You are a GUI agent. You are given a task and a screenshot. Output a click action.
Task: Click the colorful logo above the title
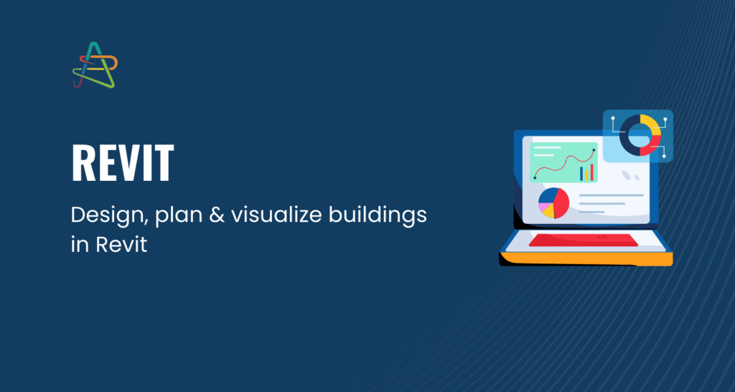95,65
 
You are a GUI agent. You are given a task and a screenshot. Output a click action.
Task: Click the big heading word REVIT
123,163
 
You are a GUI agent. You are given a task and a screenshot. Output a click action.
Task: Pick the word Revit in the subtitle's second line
122,245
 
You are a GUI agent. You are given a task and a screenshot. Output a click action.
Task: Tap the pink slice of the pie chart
544,206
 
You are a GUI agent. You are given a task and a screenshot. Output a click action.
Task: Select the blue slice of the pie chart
547,195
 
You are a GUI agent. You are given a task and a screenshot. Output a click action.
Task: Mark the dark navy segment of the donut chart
627,135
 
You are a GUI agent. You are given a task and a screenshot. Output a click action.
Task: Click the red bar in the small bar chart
591,172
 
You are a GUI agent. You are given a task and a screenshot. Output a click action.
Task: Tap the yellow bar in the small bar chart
586,175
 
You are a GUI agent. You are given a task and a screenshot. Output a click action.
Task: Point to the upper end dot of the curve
594,150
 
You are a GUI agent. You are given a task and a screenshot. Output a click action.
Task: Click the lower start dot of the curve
535,178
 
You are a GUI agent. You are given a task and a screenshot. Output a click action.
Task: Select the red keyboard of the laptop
583,240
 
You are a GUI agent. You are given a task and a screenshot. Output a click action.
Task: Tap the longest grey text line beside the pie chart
612,195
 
